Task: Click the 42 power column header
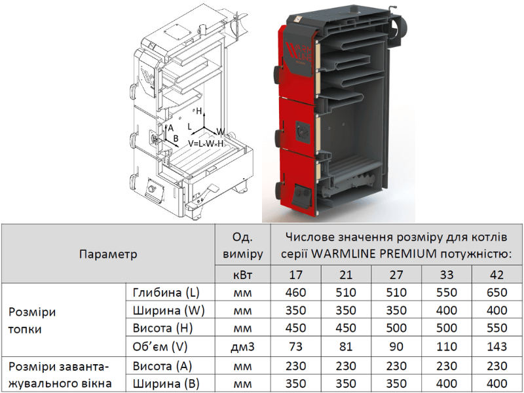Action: pyautogui.click(x=496, y=274)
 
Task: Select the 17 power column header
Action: pyautogui.click(x=295, y=274)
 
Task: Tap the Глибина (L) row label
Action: pyautogui.click(x=166, y=293)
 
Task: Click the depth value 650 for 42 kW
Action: pyautogui.click(x=496, y=292)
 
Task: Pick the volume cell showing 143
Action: pyautogui.click(x=496, y=346)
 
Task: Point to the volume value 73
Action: pyautogui.click(x=295, y=346)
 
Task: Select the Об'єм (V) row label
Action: pyautogui.click(x=160, y=347)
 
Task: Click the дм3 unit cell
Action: pyautogui.click(x=242, y=347)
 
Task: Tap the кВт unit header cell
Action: pyautogui.click(x=242, y=274)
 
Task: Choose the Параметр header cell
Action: pyautogui.click(x=108, y=254)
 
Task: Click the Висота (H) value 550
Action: pyautogui.click(x=496, y=328)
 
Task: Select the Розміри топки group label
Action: pyautogui.click(x=32, y=320)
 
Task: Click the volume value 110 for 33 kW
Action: pyautogui.click(x=447, y=346)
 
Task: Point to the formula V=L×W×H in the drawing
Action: pyautogui.click(x=206, y=143)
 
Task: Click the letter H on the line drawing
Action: pyautogui.click(x=199, y=111)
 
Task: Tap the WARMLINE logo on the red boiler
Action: pyautogui.click(x=299, y=52)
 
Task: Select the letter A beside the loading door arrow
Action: pyautogui.click(x=171, y=128)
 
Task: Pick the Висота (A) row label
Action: pyautogui.click(x=162, y=366)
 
